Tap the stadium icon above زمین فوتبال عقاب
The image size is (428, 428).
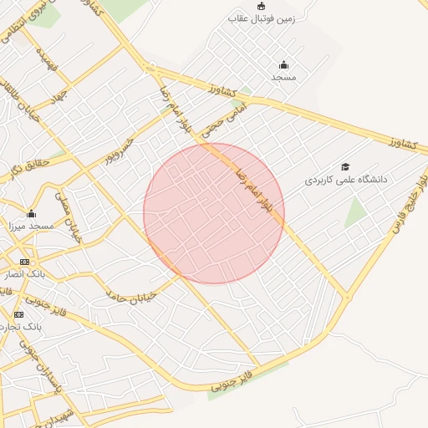click(261, 7)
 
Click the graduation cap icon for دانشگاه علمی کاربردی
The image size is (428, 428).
click(345, 167)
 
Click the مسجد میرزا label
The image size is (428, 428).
click(30, 226)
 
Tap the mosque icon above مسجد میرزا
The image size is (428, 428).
click(32, 214)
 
